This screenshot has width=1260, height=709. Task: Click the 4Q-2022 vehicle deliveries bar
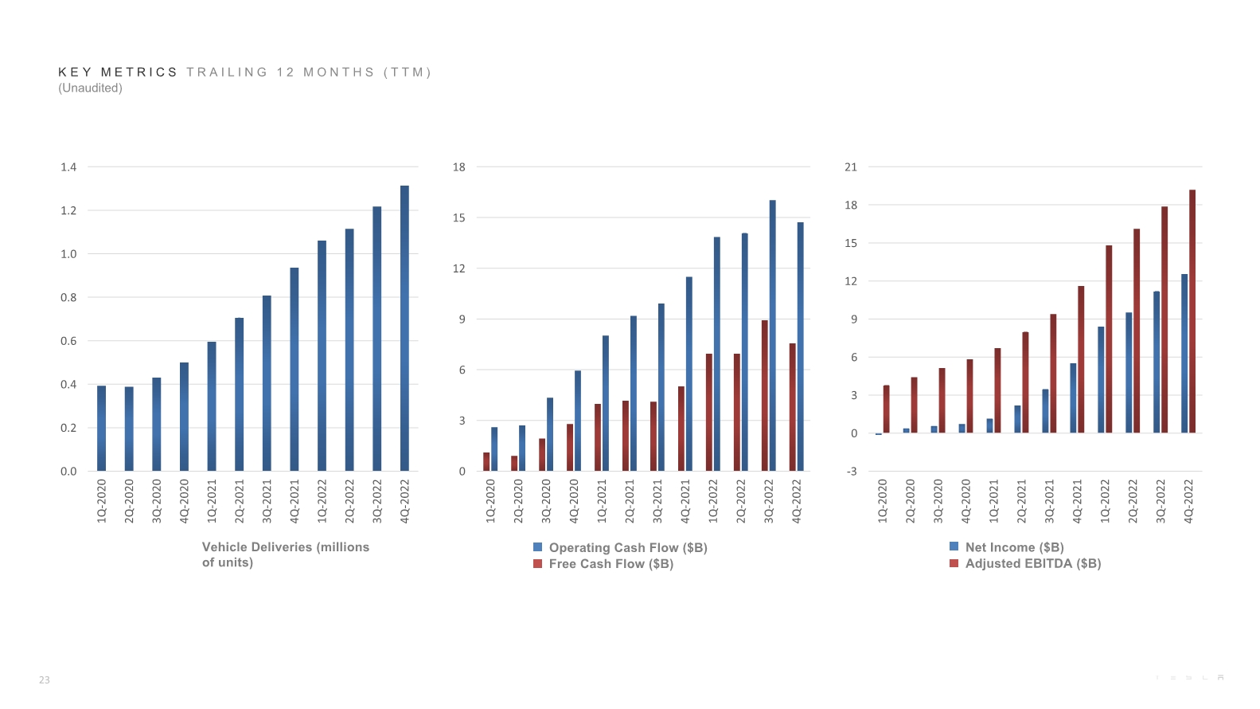tap(404, 328)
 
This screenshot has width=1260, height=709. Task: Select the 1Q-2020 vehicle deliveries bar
tap(101, 429)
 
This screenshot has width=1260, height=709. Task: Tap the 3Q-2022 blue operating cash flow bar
tap(772, 335)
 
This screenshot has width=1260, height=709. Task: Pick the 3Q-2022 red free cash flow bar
tap(764, 396)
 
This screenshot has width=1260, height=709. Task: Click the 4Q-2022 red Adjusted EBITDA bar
tap(1192, 311)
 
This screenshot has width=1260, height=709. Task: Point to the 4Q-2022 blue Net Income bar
tap(1184, 354)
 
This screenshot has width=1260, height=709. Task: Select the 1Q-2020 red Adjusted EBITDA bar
tap(886, 409)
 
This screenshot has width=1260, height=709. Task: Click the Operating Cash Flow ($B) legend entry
tap(620, 547)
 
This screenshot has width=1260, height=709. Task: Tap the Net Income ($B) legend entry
tap(1007, 547)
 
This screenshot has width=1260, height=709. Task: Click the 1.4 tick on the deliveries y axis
tap(68, 167)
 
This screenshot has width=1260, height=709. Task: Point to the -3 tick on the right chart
tap(851, 472)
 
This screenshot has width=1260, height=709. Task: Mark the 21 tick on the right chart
tap(851, 167)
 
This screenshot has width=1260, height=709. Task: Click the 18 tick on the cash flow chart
tap(458, 167)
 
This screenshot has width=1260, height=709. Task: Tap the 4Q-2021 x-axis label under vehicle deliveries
tap(295, 500)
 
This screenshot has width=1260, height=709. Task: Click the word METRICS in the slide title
tap(139, 72)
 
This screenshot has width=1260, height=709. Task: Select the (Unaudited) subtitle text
tap(90, 88)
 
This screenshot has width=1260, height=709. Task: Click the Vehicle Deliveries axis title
tap(285, 554)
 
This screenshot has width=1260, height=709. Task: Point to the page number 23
tap(45, 680)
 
